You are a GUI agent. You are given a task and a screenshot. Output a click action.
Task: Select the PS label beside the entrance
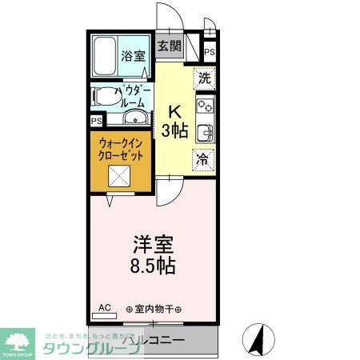tap(210, 52)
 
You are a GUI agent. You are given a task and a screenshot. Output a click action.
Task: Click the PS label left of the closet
tap(97, 122)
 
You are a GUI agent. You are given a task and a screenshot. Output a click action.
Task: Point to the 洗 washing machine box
tap(205, 78)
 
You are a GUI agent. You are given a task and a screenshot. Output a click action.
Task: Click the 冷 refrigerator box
tap(205, 158)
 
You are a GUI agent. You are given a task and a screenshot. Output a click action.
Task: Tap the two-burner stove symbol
tap(205, 106)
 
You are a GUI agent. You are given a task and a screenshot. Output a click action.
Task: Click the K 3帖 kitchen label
tap(178, 122)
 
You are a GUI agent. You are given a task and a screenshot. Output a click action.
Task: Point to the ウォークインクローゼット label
tap(122, 150)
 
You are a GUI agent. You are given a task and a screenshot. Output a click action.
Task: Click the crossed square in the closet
tap(122, 179)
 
